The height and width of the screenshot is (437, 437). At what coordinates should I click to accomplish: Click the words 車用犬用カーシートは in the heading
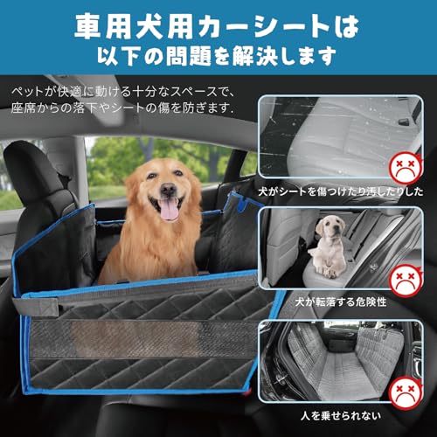(x=218, y=22)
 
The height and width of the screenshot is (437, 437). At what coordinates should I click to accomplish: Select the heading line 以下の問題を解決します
(x=218, y=56)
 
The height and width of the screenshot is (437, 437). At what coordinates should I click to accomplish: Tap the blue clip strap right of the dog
(x=234, y=205)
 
